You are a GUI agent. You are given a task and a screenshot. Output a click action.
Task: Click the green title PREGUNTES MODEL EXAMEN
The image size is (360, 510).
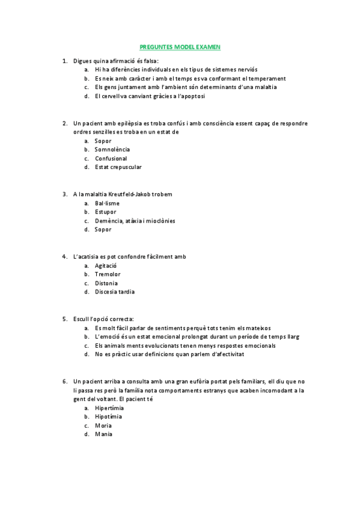pos(180,46)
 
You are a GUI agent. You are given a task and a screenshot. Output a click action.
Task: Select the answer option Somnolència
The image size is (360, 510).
pos(112,149)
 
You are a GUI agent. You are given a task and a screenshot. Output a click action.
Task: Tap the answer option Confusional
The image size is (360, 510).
pos(111,158)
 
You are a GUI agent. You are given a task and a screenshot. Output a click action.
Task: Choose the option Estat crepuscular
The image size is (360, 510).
pos(118,167)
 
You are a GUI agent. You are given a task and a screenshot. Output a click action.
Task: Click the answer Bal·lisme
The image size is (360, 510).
pos(107,203)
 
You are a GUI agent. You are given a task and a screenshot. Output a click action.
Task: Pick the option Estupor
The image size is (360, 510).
pos(105,212)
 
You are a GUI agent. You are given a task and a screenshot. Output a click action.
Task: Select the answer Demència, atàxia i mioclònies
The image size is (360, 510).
pos(135,221)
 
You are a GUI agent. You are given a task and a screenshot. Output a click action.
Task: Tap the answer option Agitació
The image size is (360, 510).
pos(105,265)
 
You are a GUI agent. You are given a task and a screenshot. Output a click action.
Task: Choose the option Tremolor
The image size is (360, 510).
pos(107,274)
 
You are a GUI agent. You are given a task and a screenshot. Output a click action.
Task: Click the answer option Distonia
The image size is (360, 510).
pos(106,283)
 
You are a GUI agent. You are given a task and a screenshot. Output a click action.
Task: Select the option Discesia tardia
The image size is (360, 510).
pos(114,292)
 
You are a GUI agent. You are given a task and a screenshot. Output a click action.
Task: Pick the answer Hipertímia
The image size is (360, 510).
pos(109,408)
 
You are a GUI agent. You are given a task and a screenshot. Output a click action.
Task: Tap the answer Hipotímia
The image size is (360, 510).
pos(108,416)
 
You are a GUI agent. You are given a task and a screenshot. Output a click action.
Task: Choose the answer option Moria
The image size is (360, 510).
pos(103,425)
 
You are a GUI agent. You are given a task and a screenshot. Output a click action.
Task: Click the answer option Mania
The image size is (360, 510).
pos(103,434)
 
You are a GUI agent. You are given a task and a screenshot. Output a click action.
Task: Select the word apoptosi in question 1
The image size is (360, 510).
pos(192,96)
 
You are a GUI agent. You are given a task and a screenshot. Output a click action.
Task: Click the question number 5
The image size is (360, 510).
pos(64,319)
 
